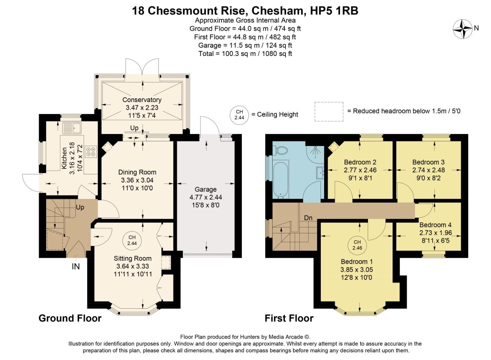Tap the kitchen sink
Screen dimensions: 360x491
(72, 128)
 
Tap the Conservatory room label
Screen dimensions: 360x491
(142, 100)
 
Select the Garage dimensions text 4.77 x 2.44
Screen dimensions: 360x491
(206, 197)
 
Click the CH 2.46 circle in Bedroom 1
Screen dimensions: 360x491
(357, 245)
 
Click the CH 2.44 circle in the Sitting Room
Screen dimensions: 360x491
(132, 240)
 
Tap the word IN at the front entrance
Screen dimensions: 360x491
(76, 267)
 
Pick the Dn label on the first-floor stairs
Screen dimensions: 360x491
(308, 218)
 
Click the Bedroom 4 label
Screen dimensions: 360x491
(435, 225)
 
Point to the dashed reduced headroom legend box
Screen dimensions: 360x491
(329, 112)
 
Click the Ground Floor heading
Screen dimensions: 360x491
(70, 318)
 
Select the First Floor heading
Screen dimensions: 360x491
(289, 318)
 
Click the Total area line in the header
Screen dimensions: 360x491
(245, 54)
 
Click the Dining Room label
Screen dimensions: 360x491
(137, 172)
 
